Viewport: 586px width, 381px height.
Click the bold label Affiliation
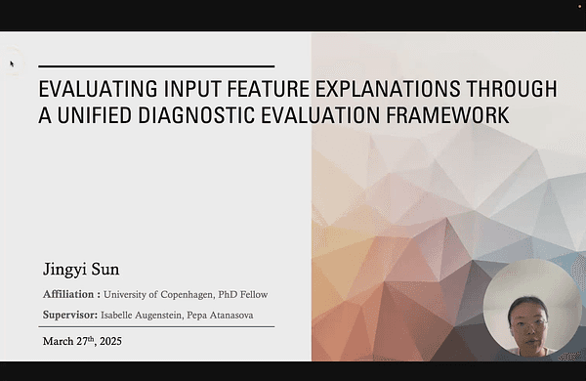point(71,294)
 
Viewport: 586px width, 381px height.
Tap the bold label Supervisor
point(69,315)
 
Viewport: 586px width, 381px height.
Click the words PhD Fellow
point(243,294)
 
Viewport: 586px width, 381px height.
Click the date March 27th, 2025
point(82,342)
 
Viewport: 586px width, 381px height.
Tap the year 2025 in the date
point(109,342)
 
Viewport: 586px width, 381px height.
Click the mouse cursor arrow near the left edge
point(12,64)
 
